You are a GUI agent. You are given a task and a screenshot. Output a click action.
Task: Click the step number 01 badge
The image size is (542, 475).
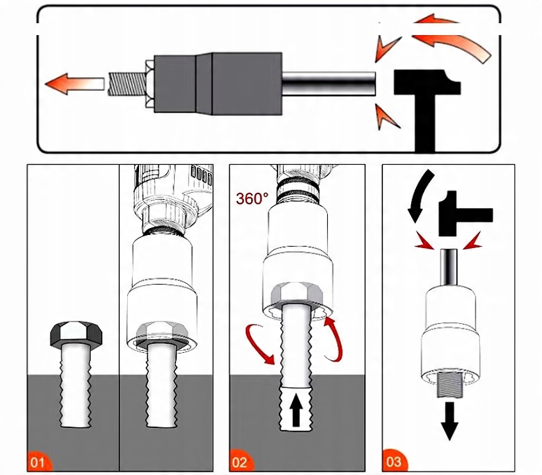click(x=38, y=463)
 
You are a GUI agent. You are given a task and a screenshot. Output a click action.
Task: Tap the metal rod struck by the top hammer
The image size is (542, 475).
click(x=329, y=82)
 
